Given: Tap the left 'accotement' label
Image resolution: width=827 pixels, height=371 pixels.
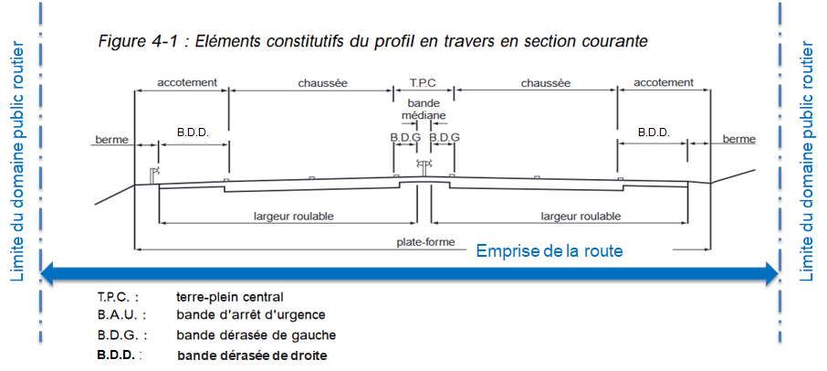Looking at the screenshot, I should (187, 82).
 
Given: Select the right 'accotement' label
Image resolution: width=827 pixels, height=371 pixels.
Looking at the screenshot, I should (663, 82).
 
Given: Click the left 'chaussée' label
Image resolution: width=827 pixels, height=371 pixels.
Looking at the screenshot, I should (322, 82).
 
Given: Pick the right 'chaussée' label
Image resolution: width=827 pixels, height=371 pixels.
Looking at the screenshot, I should (545, 82).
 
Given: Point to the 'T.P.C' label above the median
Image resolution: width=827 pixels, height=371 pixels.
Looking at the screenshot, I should (424, 82).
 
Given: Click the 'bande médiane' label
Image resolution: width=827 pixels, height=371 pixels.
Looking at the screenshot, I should (424, 110).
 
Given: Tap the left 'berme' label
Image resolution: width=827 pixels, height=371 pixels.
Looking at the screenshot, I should (110, 140).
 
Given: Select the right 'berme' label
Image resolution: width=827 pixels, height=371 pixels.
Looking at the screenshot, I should (738, 139).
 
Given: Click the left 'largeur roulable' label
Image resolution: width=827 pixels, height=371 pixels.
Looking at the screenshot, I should (293, 217).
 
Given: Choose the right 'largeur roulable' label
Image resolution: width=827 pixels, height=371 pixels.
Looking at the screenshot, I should (581, 217).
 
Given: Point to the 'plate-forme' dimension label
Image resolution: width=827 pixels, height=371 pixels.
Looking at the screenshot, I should (425, 242).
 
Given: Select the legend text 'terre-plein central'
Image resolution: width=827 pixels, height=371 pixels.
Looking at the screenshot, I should (230, 297).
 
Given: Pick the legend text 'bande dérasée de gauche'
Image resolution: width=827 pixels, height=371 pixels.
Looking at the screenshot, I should (256, 334).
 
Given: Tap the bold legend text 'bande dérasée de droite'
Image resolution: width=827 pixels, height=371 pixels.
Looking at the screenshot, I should (252, 355).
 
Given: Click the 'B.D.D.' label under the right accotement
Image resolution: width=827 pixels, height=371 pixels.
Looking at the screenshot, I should (654, 132).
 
